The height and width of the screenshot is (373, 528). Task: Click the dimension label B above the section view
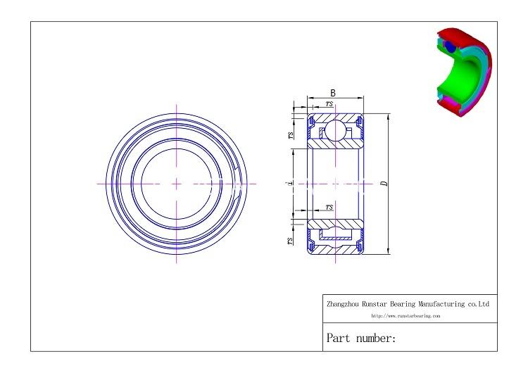(x=333, y=93)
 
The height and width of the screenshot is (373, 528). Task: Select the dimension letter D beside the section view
(x=384, y=183)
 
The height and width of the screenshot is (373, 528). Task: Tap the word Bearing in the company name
(x=403, y=305)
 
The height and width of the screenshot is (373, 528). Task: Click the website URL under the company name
(x=405, y=316)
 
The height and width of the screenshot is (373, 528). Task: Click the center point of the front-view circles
(x=176, y=184)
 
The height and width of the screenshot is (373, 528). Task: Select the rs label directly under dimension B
(x=329, y=103)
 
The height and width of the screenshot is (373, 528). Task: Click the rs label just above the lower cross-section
(x=329, y=207)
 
